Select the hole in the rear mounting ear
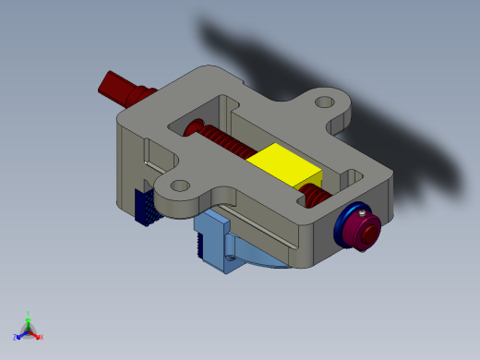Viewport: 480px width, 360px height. point(324,102)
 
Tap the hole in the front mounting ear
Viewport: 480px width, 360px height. point(181,186)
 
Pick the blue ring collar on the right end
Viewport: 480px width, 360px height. point(348,228)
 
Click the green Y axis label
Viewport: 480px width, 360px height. point(29,314)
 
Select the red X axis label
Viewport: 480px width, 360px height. point(41,337)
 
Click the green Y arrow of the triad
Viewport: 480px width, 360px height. point(29,323)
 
